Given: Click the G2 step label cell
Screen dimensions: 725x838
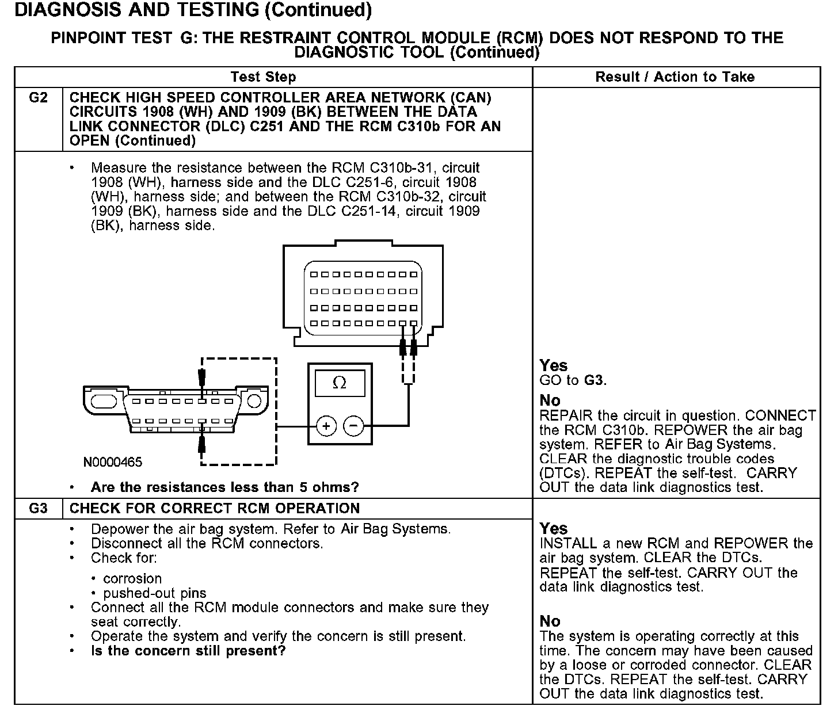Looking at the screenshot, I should click(38, 98).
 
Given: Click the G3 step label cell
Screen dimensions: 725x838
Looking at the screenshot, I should click(38, 509).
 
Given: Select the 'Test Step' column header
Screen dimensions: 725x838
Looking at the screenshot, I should click(263, 77).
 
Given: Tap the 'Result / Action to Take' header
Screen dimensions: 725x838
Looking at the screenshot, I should click(675, 77).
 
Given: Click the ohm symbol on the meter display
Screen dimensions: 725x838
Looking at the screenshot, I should click(340, 383).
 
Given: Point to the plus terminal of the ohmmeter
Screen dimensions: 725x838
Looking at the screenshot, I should click(326, 426).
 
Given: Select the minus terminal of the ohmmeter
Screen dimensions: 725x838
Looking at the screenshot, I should click(353, 426).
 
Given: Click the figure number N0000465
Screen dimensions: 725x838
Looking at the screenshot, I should click(113, 462).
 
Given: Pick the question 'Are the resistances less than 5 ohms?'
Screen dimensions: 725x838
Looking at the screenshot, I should click(224, 487).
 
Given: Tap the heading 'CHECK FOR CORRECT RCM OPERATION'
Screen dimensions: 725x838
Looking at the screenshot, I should click(214, 509).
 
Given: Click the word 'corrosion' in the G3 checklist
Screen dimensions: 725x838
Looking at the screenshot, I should click(132, 579).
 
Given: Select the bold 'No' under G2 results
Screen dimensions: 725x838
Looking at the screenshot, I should click(550, 400).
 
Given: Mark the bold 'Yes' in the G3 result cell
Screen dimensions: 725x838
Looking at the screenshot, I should click(553, 529).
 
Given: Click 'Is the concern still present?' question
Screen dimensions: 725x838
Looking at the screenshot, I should click(188, 651).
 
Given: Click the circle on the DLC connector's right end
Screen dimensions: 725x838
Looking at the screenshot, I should click(254, 400).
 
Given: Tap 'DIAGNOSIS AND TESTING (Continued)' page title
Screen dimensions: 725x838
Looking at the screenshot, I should click(193, 10).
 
